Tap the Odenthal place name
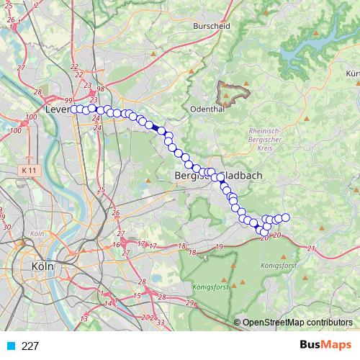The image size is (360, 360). pos(207,109)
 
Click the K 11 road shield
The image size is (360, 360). pos(30,169)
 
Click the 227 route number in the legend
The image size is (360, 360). pos(30,346)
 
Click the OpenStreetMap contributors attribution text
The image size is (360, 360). pos(297,323)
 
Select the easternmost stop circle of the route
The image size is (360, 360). pos(285,217)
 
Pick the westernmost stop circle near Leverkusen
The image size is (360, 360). pos(73,109)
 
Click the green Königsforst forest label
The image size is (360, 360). pos(208,287)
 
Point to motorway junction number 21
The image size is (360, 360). pos(311,249)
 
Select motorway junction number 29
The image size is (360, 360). pos(190,302)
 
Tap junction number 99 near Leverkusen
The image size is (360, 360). pos(69,100)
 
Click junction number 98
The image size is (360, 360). pos(101,89)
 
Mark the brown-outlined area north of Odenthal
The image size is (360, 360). pos(233,91)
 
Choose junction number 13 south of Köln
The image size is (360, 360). pos(85,318)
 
